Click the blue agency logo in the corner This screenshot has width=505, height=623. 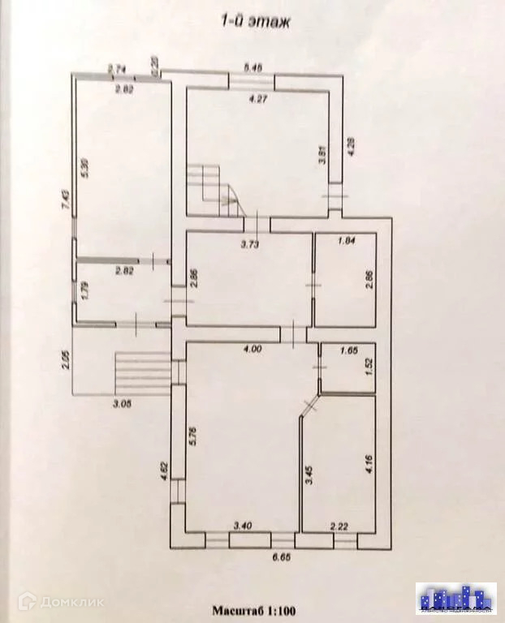[x=455, y=598]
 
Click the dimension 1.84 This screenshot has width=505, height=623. [x=345, y=241]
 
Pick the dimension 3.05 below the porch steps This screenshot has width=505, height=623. [x=123, y=402]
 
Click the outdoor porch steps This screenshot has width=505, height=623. [x=142, y=372]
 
